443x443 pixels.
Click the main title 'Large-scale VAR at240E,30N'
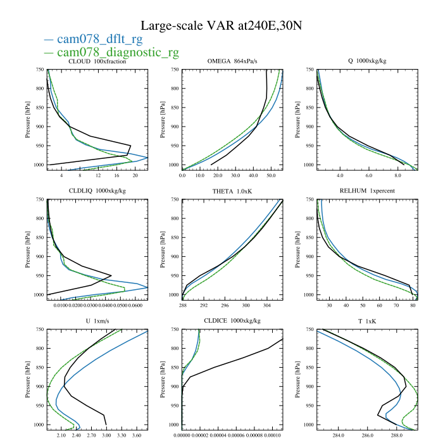(221, 26)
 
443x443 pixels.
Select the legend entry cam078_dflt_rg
(100, 39)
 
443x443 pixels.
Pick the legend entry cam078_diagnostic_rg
(118, 53)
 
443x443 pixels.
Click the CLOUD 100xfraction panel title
(97, 61)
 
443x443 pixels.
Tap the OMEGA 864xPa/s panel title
(232, 61)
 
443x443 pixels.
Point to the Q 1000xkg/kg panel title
(367, 61)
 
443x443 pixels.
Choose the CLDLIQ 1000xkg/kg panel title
(97, 191)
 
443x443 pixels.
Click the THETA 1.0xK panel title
(232, 192)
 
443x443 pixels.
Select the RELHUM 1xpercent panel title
(367, 191)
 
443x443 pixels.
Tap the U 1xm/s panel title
(97, 321)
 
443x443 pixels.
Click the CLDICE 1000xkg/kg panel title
(232, 321)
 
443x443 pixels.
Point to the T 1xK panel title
(367, 321)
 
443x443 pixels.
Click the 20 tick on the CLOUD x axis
(135, 175)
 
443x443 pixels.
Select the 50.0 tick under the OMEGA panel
(271, 175)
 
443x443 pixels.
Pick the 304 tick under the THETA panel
(266, 306)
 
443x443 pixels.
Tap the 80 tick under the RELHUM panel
(413, 306)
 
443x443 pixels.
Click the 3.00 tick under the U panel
(106, 435)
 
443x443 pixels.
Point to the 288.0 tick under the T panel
(396, 435)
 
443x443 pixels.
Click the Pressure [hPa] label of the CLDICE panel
(163, 380)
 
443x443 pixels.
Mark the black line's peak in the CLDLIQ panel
(111, 275)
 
